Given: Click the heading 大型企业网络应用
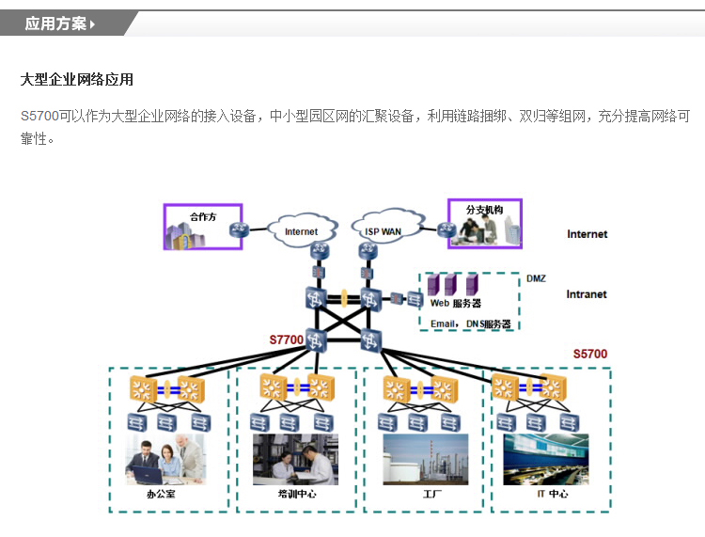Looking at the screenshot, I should click(x=77, y=80).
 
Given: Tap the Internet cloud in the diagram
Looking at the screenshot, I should click(x=301, y=230).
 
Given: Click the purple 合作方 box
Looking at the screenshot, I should click(x=203, y=227).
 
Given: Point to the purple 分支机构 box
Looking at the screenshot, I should click(x=484, y=224).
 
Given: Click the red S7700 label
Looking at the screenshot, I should click(x=287, y=340).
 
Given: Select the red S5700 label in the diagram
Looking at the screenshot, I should click(x=590, y=355).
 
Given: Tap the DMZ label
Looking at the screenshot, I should click(x=536, y=278).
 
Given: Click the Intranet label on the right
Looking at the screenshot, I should click(x=587, y=294).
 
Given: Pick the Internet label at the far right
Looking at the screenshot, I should click(x=587, y=234).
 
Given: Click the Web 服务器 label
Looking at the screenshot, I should click(x=456, y=304).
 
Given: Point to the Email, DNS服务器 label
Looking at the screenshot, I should click(x=470, y=324).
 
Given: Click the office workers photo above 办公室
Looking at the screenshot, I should click(x=164, y=459).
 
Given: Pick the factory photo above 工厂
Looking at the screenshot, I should click(x=425, y=459).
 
